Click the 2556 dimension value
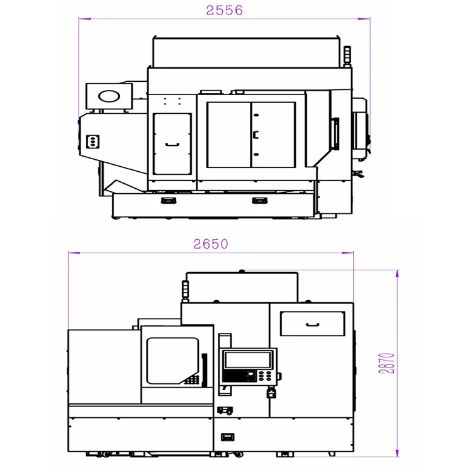click(x=224, y=10)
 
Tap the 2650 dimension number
click(x=211, y=244)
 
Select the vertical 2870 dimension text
click(x=386, y=363)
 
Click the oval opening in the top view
click(x=109, y=96)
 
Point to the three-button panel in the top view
click(x=93, y=142)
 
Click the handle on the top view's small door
click(x=172, y=145)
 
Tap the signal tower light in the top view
click(x=347, y=55)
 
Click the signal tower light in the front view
click(x=186, y=290)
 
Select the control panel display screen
click(x=248, y=360)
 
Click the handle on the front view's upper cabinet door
click(x=312, y=325)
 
